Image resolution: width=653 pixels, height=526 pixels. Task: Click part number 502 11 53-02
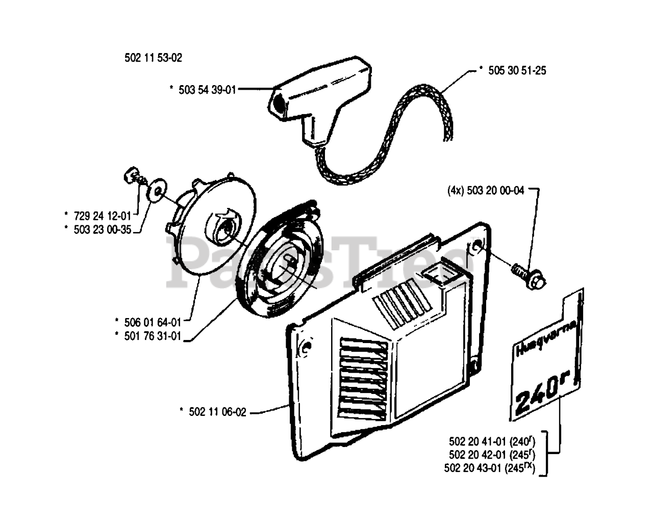153,58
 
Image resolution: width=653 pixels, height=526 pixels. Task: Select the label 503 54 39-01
207,90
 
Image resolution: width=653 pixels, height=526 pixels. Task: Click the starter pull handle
316,102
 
